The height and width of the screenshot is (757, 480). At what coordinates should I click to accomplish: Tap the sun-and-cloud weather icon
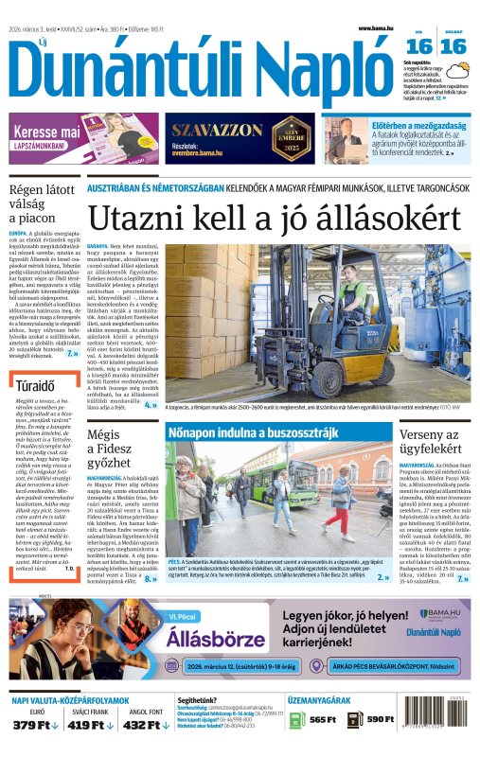tap(463, 71)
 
